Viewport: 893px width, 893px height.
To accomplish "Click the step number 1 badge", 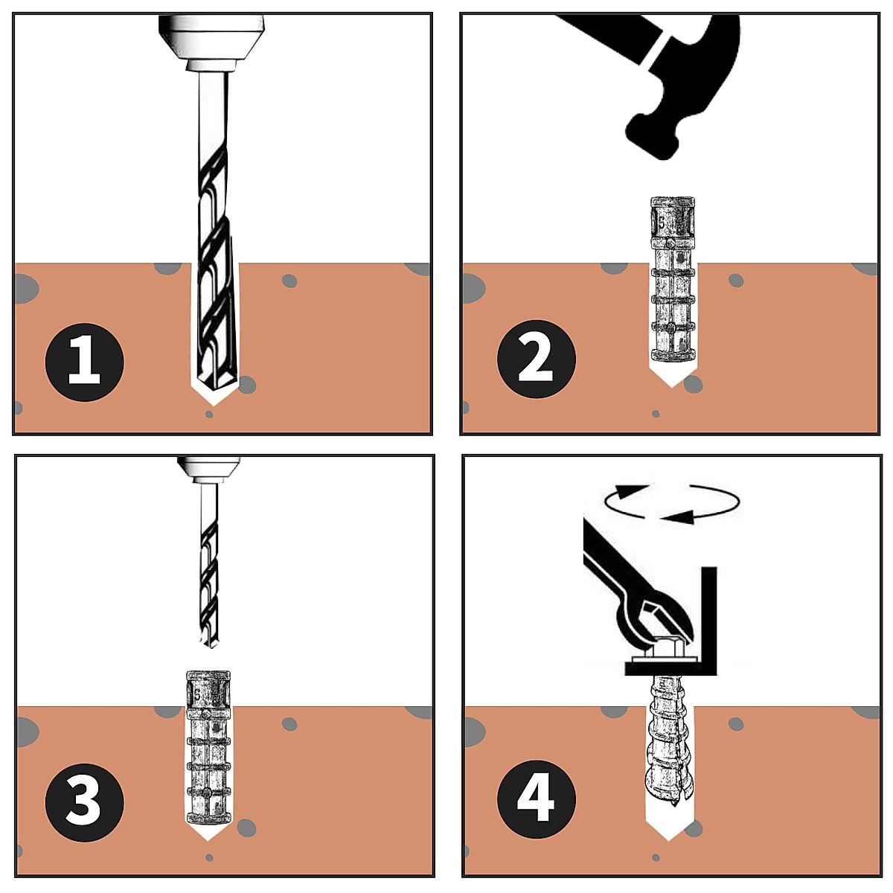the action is click(84, 362).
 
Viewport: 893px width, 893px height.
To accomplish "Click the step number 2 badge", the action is click(536, 359).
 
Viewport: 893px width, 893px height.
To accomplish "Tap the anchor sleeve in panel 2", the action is click(673, 279).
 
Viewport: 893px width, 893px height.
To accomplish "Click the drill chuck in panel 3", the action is click(209, 470).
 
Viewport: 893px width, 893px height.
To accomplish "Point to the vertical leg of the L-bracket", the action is click(708, 621).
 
